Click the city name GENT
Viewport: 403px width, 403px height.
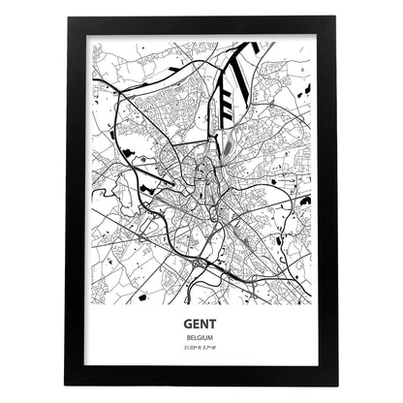point(202,327)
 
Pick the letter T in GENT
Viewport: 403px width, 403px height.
point(218,327)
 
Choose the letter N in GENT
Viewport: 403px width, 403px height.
point(207,327)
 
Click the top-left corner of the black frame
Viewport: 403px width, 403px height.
point(66,17)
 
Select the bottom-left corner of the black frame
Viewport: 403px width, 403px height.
point(66,386)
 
